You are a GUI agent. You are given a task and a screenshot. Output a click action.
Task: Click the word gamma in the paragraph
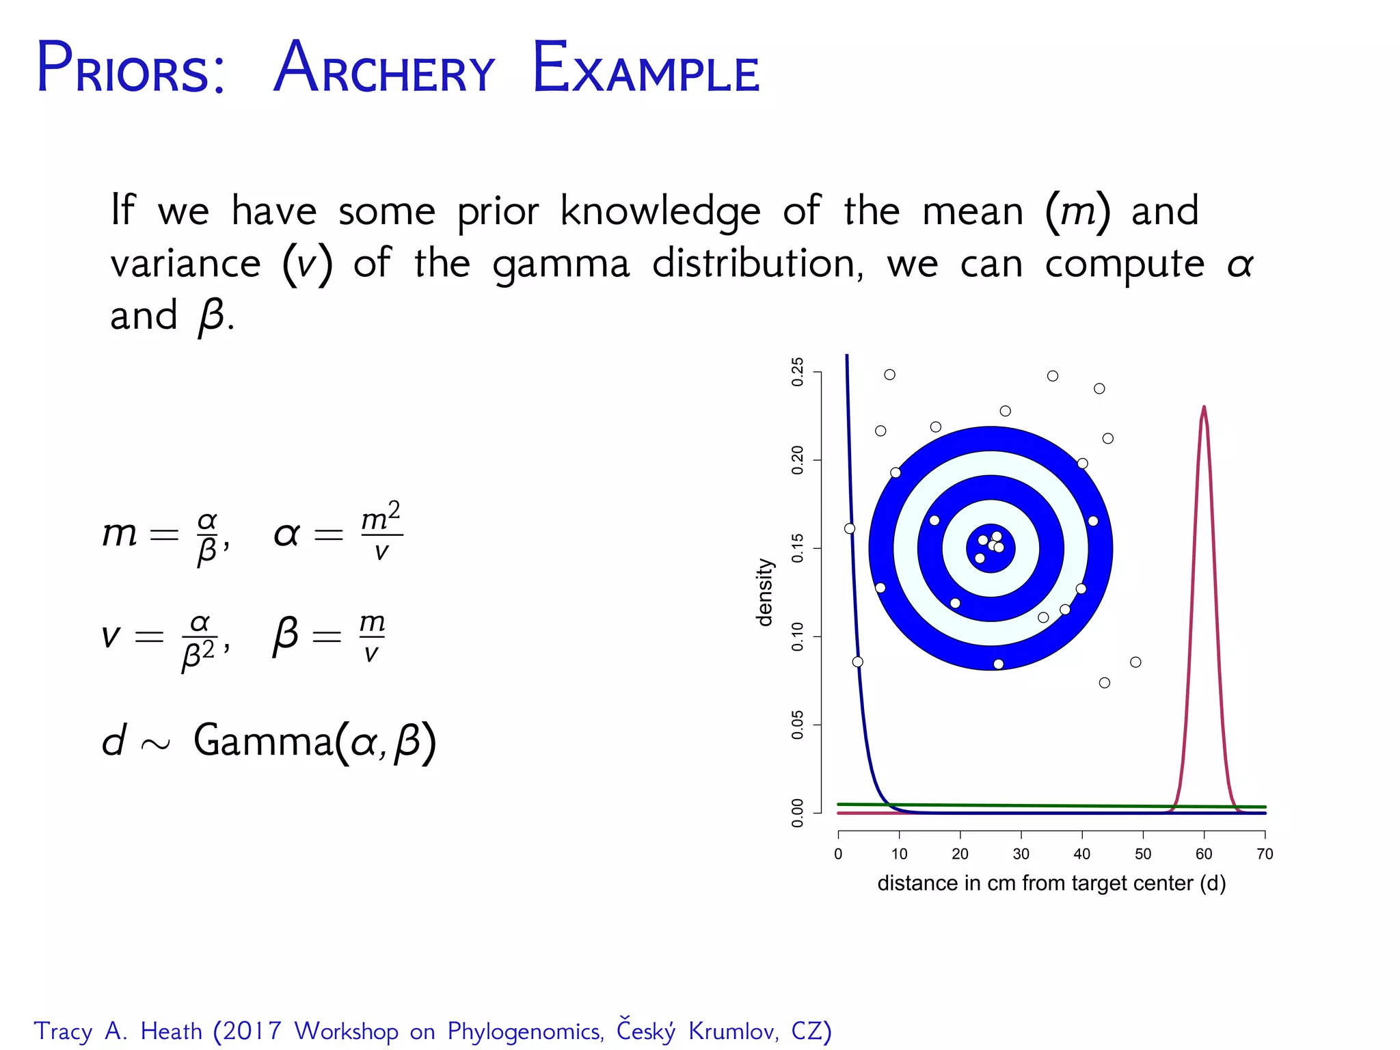561,265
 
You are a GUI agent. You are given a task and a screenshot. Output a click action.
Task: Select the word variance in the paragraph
185,265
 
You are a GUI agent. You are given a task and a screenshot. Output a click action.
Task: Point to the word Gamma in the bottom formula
263,741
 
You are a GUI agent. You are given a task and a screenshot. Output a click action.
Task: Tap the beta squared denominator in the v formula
198,655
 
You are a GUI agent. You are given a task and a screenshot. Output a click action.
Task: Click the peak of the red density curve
1204,408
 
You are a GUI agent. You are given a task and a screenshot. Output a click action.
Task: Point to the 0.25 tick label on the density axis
798,372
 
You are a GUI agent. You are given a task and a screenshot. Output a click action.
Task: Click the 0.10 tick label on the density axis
798,636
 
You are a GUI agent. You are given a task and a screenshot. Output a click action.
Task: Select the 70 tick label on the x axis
1265,854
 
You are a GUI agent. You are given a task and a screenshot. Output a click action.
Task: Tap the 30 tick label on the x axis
1021,854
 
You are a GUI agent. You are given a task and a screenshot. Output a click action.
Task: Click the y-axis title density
764,592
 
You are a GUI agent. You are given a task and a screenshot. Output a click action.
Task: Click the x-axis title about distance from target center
1051,883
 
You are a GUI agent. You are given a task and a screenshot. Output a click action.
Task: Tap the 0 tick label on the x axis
838,854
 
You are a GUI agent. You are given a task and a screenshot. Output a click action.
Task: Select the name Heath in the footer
171,1031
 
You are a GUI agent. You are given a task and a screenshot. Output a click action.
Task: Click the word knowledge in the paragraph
660,211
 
